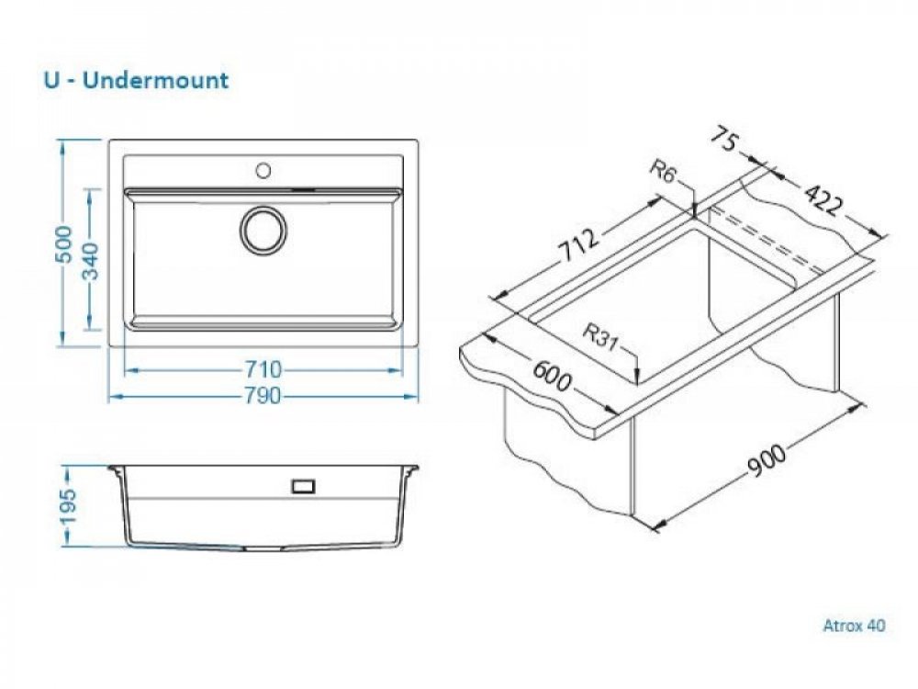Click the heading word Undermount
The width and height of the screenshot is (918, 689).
pyautogui.click(x=155, y=80)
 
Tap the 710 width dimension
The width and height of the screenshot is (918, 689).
pyautogui.click(x=263, y=370)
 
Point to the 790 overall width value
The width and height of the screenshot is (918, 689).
pyautogui.click(x=263, y=396)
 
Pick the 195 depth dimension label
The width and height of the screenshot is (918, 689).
pyautogui.click(x=67, y=507)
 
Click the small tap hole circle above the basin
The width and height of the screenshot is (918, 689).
pyautogui.click(x=263, y=171)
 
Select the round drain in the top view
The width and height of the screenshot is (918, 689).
pyautogui.click(x=263, y=230)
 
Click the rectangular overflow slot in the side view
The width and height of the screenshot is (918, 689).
pyautogui.click(x=303, y=486)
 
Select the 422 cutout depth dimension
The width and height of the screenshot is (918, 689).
pyautogui.click(x=823, y=199)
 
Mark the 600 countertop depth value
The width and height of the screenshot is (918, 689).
pyautogui.click(x=551, y=376)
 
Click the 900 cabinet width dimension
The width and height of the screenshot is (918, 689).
pyautogui.click(x=767, y=460)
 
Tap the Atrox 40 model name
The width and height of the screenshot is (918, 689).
pyautogui.click(x=854, y=626)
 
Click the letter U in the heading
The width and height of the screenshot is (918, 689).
pyautogui.click(x=51, y=80)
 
